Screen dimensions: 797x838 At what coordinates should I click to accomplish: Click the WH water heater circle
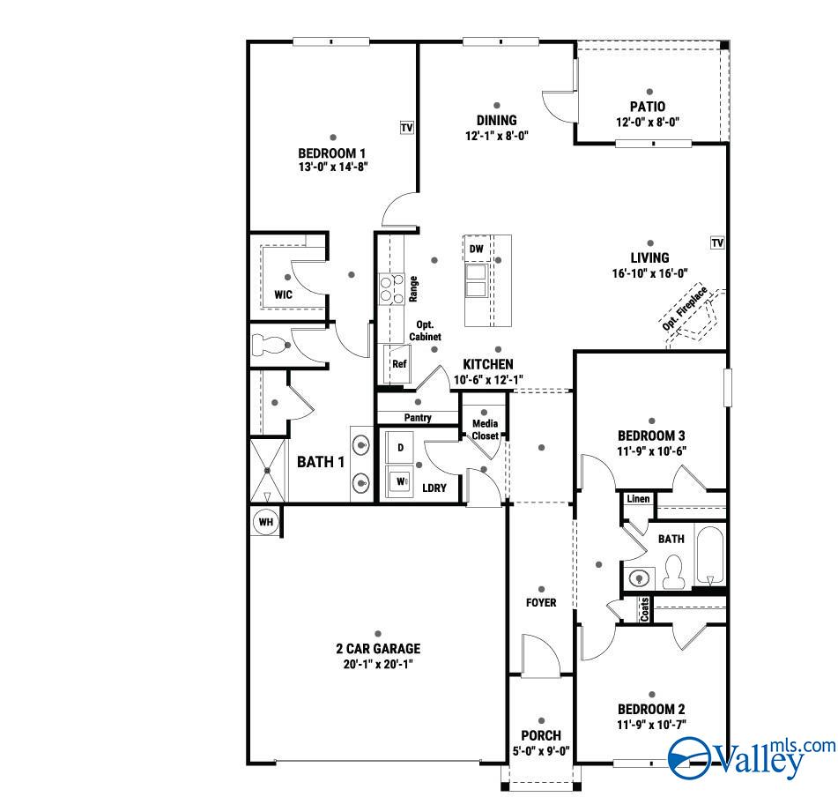pos(266,522)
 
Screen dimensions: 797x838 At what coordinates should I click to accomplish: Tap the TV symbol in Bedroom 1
pos(406,129)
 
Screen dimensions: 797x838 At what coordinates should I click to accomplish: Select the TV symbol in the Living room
pos(717,242)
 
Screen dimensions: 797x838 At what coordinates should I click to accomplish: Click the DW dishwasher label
pos(477,250)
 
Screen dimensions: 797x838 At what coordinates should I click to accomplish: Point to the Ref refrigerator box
pos(399,363)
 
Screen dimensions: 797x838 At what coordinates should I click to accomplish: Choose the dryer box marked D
pos(400,447)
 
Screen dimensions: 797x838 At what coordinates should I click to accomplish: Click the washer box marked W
pos(401,481)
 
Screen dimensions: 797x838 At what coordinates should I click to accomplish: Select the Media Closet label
pos(485,430)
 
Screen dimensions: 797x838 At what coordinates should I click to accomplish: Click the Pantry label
pos(418,418)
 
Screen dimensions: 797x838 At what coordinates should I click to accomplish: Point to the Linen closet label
pos(638,500)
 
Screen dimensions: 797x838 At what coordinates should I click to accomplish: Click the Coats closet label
pos(644,609)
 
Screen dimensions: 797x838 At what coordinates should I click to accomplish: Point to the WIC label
pos(283,294)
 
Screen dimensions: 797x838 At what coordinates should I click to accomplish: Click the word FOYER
pos(541,603)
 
